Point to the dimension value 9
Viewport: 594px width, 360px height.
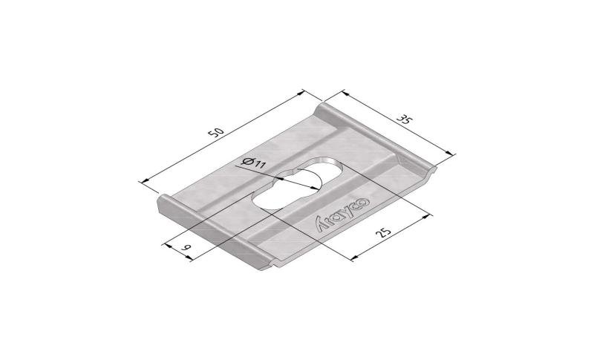coord(186,248)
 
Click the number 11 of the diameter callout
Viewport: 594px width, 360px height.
coord(261,164)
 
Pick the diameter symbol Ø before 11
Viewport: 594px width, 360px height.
coord(247,162)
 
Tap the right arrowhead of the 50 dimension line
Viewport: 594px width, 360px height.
coord(301,93)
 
